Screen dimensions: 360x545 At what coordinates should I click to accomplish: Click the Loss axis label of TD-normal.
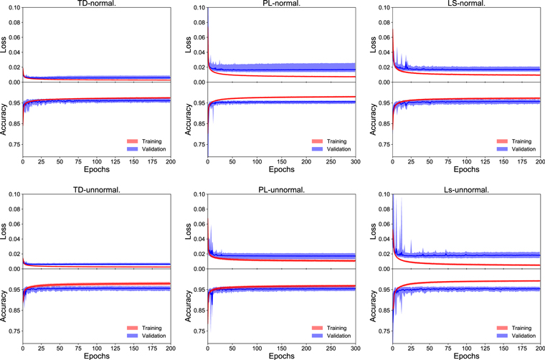coord(4,44)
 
